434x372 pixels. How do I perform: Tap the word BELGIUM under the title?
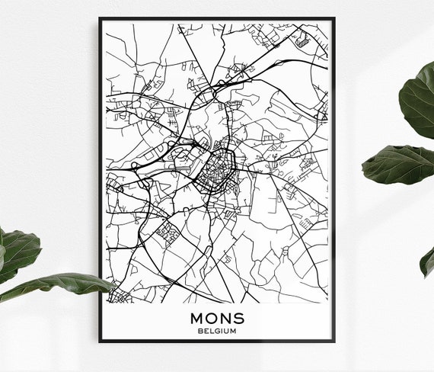click(x=217, y=331)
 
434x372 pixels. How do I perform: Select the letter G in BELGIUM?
click(x=217, y=331)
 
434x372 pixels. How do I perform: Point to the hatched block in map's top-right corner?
click(x=304, y=40)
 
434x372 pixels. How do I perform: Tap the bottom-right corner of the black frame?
click(x=334, y=342)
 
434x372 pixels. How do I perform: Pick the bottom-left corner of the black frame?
click(x=100, y=342)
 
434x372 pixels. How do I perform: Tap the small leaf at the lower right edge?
click(x=427, y=261)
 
